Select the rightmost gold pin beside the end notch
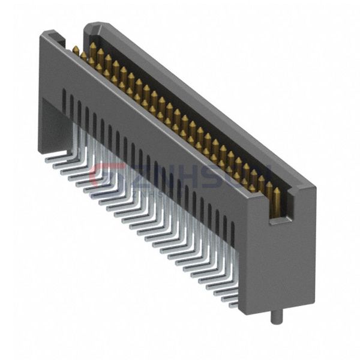(277, 195)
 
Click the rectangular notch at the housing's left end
(53, 40)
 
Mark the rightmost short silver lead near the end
(230, 298)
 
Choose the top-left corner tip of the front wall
(41, 34)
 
